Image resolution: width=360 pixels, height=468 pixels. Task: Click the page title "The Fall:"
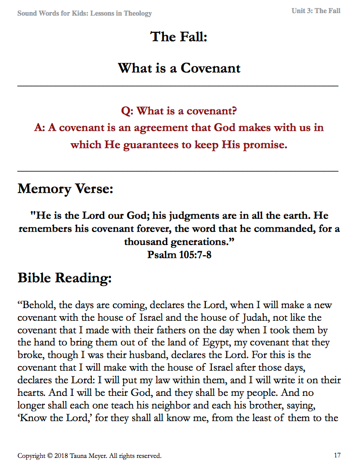179,37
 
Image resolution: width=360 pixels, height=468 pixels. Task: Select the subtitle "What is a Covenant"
179,68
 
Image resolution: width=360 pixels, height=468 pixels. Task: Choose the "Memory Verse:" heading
66,189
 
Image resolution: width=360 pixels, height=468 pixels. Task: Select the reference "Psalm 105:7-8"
179,255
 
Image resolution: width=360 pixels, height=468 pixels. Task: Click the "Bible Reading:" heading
65,278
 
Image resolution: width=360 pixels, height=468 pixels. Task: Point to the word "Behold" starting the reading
37,306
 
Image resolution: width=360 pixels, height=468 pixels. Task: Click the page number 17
337,456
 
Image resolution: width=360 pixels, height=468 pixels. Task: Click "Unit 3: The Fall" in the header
316,11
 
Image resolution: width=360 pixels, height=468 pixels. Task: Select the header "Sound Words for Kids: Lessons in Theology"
85,14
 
